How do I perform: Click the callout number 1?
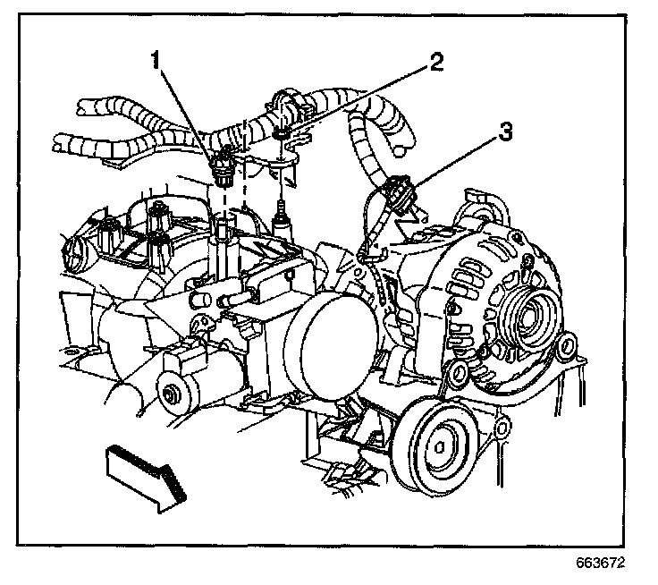(x=157, y=62)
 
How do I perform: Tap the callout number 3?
(x=505, y=134)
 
